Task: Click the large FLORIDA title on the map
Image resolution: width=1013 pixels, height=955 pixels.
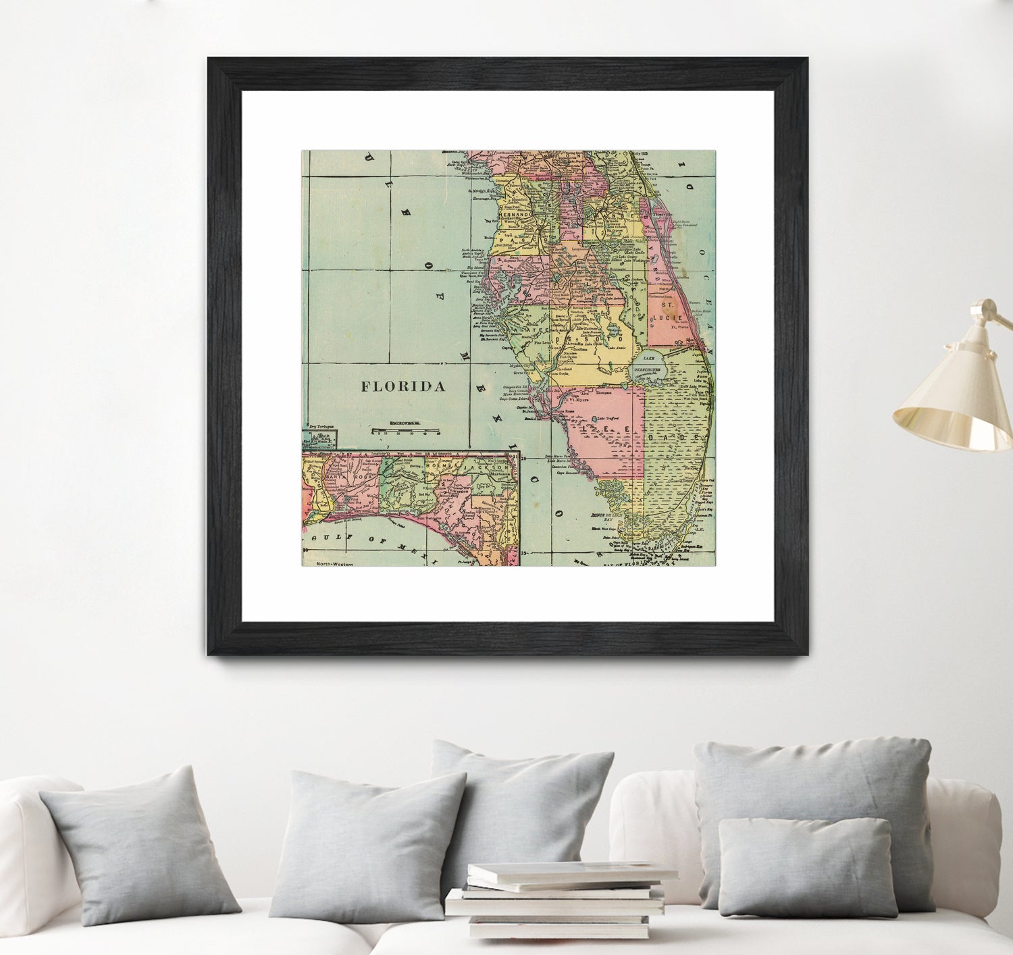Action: [402, 386]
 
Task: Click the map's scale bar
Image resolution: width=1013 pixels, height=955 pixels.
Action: [405, 430]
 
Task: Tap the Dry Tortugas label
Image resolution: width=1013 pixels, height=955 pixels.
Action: [321, 427]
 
